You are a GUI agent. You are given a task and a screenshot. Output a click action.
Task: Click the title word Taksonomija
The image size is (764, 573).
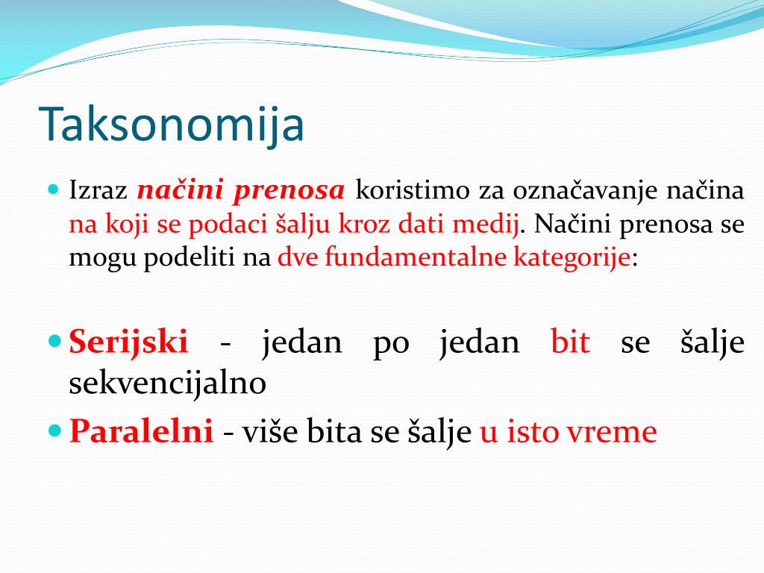click(x=172, y=124)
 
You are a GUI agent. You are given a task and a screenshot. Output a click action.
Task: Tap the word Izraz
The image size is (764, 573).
click(x=98, y=190)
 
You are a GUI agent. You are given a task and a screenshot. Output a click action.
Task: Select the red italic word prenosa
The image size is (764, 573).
click(x=289, y=191)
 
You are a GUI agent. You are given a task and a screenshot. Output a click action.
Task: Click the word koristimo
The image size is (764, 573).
click(x=412, y=190)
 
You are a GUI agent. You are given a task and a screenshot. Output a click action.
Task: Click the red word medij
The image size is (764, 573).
click(x=485, y=225)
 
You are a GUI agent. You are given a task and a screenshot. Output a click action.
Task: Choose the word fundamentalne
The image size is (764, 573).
click(x=416, y=257)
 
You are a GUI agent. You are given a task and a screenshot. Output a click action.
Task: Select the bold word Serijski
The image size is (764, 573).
click(x=128, y=342)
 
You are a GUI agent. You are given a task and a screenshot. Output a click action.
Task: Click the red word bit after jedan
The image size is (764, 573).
click(x=570, y=341)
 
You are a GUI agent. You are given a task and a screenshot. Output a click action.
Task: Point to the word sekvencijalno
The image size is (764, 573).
click(x=168, y=383)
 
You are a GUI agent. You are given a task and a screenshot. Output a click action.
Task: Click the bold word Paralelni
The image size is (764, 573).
click(x=142, y=431)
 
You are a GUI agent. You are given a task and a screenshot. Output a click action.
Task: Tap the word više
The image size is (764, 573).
click(x=270, y=431)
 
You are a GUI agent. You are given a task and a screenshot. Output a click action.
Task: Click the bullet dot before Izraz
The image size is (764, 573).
click(x=54, y=189)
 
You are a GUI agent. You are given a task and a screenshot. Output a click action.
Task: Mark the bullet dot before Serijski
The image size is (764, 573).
click(x=55, y=340)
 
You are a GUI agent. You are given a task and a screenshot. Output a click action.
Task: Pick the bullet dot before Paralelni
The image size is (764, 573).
click(x=55, y=430)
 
